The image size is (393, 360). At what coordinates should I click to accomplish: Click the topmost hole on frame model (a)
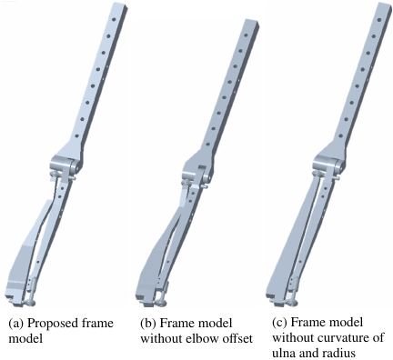point(114,19)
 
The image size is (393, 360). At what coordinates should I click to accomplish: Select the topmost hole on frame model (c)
point(379,20)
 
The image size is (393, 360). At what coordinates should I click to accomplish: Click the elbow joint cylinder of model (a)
point(66,165)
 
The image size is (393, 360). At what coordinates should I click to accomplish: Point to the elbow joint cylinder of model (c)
point(328,165)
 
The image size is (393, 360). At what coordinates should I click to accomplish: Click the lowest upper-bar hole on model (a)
point(77,135)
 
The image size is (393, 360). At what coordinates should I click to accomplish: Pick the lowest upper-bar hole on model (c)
point(341,136)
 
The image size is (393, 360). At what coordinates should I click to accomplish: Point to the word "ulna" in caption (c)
point(284,353)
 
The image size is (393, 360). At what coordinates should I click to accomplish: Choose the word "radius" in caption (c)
point(338,353)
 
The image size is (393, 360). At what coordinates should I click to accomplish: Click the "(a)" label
point(16,324)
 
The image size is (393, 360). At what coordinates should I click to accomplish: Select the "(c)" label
point(279,323)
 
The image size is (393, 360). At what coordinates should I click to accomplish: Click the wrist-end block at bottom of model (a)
point(15,292)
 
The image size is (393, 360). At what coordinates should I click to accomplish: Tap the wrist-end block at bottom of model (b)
point(146,293)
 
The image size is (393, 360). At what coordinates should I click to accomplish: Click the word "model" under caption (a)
point(25,338)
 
